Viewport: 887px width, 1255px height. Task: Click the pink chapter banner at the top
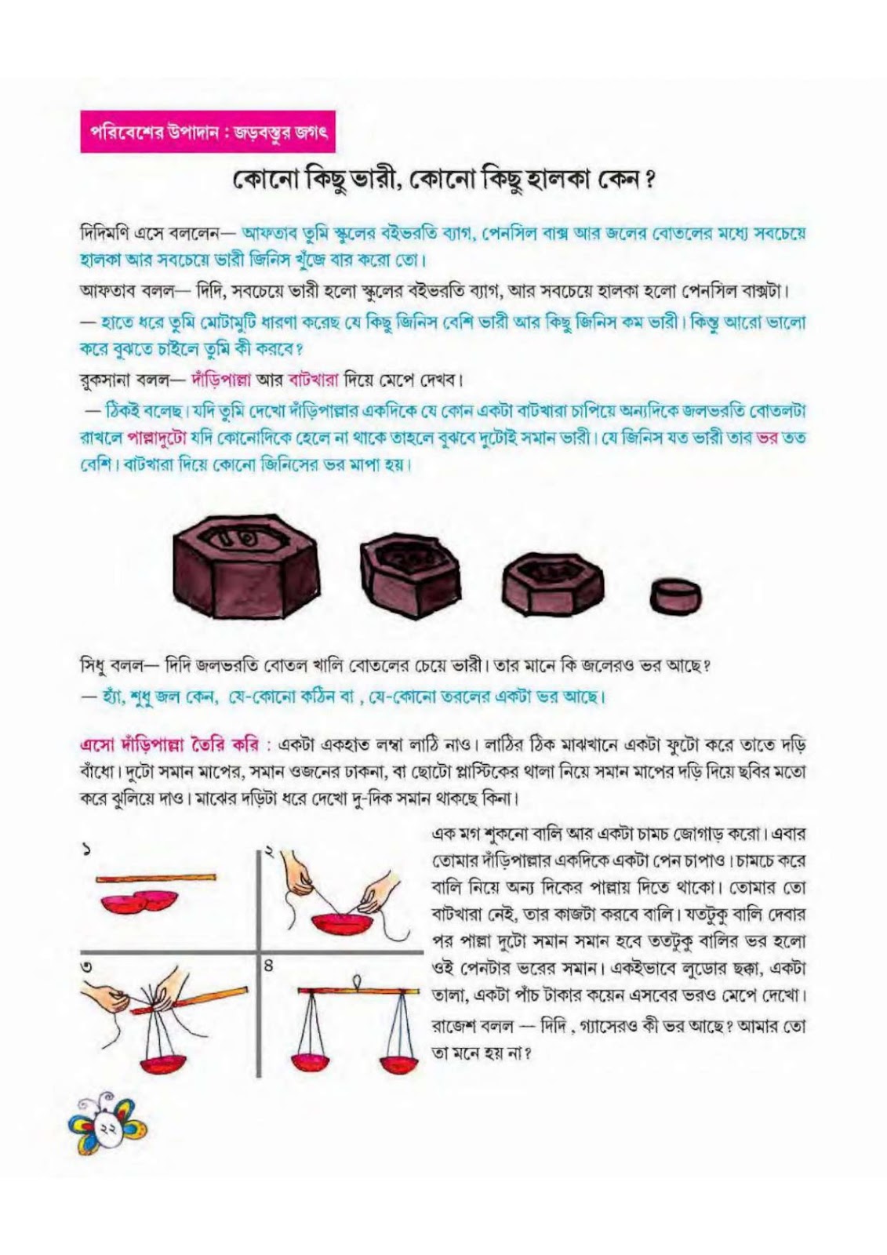pyautogui.click(x=208, y=133)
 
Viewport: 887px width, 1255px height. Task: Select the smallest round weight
pyautogui.click(x=676, y=595)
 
